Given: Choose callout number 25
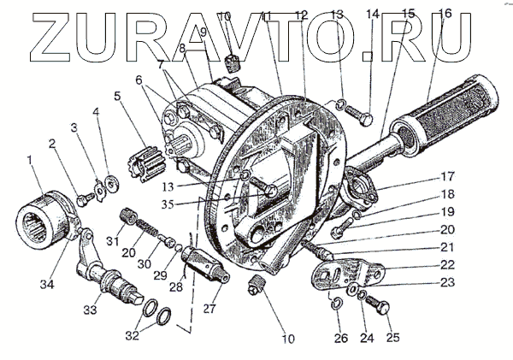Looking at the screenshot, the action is [393, 338].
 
